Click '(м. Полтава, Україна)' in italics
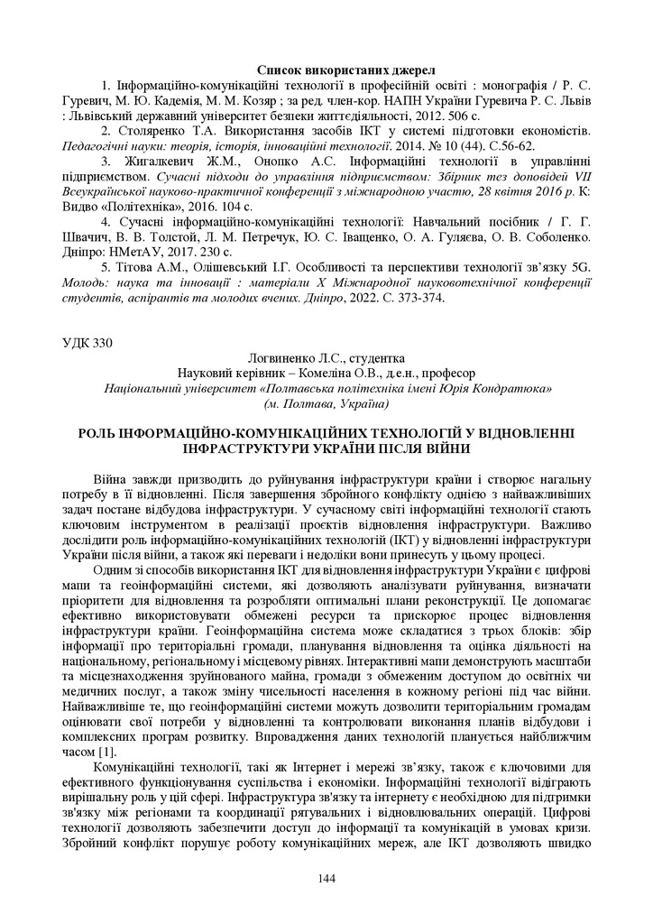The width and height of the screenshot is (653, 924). point(326,404)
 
